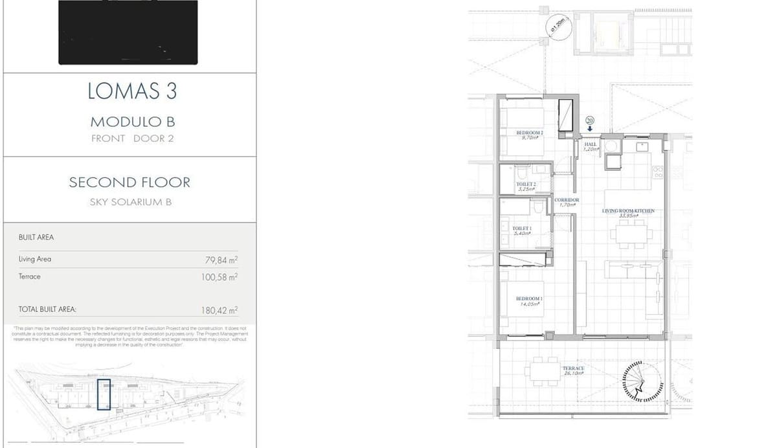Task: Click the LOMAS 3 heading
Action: [132, 91]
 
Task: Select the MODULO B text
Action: [132, 122]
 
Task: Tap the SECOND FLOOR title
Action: [130, 183]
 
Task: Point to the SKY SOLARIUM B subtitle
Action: [130, 202]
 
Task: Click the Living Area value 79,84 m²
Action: [221, 260]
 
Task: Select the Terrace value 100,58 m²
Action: [220, 277]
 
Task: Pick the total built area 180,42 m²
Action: [220, 310]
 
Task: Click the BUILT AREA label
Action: [36, 238]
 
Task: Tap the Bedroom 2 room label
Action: [529, 135]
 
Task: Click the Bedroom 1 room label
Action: [529, 300]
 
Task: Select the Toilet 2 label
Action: [526, 186]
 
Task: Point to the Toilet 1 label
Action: [522, 230]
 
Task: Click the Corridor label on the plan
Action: [567, 202]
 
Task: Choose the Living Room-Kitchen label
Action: [628, 213]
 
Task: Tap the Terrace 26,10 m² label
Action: [573, 370]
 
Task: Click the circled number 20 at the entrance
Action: [589, 120]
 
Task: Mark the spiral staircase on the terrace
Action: [640, 385]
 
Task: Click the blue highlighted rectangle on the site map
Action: [104, 395]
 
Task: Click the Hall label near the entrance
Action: [590, 147]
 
